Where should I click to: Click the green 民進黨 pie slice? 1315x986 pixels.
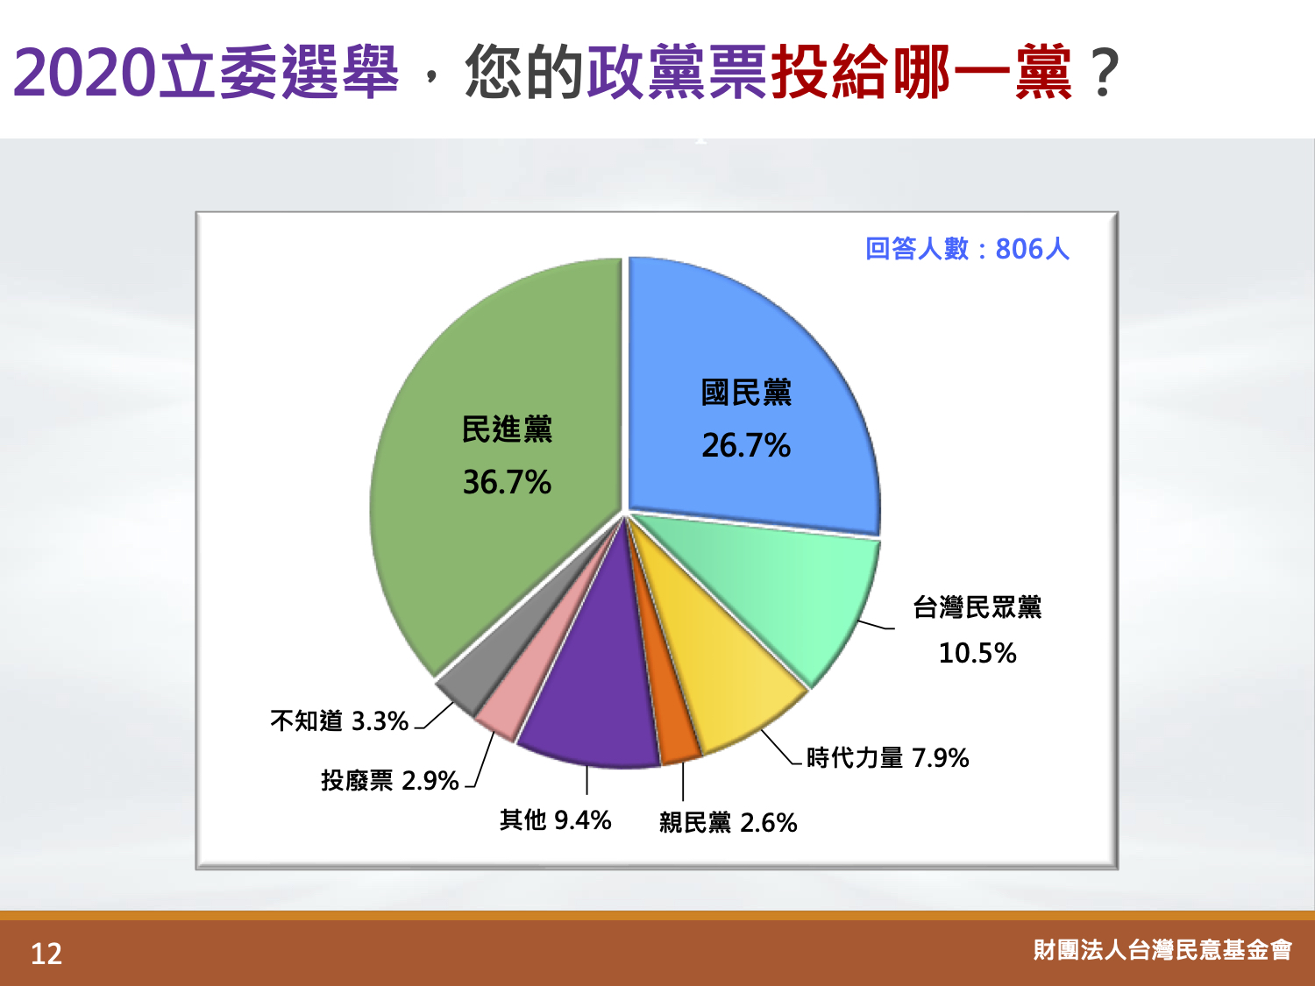[x=497, y=467]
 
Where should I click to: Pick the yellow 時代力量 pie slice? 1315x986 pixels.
[x=719, y=670]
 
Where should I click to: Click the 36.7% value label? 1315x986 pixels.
[x=507, y=482]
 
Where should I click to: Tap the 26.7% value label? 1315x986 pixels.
[x=746, y=445]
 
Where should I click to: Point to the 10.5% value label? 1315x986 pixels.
[x=977, y=653]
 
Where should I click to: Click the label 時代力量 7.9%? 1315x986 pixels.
[x=887, y=758]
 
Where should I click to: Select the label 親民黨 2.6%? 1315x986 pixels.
[x=728, y=823]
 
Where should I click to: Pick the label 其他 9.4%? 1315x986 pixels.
[x=555, y=819]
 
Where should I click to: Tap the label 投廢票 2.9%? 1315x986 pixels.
[x=389, y=780]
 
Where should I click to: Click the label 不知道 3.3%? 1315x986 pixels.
[x=339, y=720]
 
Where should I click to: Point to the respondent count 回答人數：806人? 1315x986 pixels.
[x=967, y=248]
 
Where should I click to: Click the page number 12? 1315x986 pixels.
[x=46, y=954]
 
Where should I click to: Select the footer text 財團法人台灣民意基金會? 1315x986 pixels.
[x=1162, y=950]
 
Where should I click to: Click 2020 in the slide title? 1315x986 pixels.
[x=84, y=73]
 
